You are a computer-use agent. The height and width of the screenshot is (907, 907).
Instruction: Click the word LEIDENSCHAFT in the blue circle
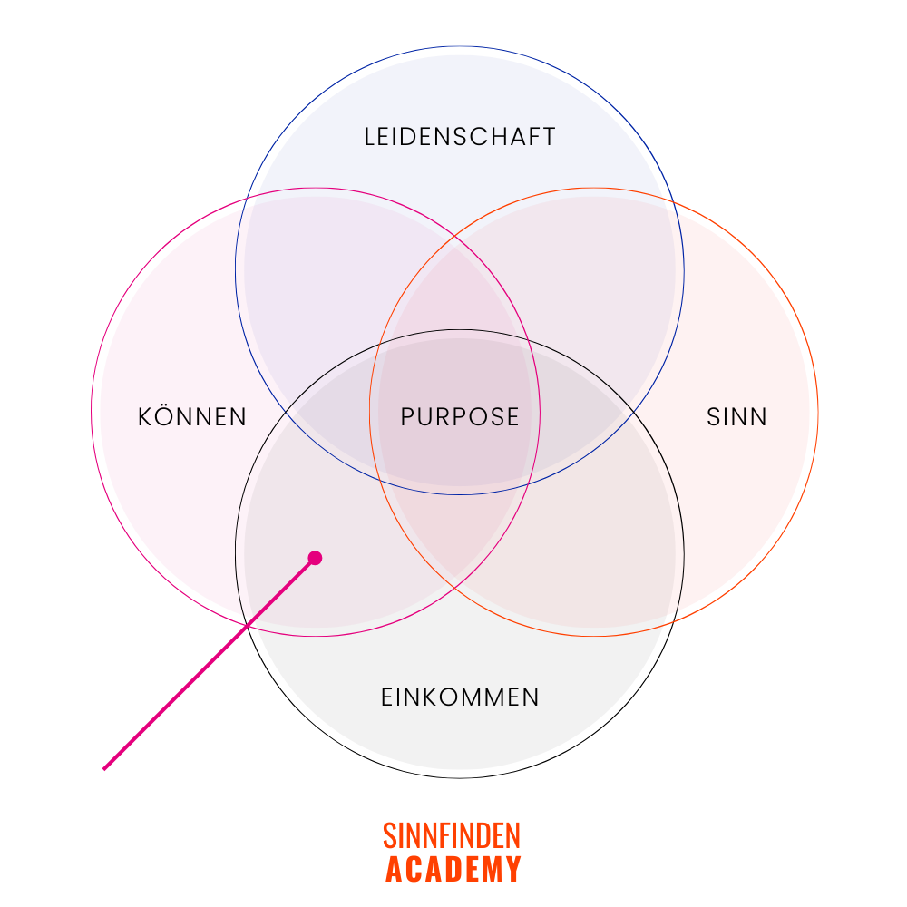pyautogui.click(x=459, y=137)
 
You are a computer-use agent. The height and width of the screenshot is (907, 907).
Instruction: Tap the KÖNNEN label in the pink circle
pyautogui.click(x=192, y=417)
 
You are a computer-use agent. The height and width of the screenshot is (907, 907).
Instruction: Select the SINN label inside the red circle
pyautogui.click(x=736, y=417)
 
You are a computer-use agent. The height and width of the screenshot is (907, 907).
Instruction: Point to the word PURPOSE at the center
pyautogui.click(x=460, y=417)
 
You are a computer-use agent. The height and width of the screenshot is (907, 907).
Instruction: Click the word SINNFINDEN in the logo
pyautogui.click(x=452, y=835)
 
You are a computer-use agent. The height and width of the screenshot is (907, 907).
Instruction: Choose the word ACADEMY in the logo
pyautogui.click(x=453, y=869)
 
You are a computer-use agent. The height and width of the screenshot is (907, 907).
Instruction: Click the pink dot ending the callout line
pyautogui.click(x=315, y=558)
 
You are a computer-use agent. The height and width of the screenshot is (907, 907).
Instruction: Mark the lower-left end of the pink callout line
pyautogui.click(x=104, y=768)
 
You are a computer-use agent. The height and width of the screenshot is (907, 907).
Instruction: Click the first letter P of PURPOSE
pyautogui.click(x=407, y=417)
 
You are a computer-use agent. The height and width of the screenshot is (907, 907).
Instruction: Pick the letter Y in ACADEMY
pyautogui.click(x=513, y=869)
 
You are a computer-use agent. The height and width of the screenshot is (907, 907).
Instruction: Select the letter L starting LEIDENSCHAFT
pyautogui.click(x=370, y=137)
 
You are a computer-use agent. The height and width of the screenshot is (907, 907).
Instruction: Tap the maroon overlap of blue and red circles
pyautogui.click(x=599, y=272)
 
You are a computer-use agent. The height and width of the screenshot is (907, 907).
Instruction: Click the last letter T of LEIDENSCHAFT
pyautogui.click(x=549, y=137)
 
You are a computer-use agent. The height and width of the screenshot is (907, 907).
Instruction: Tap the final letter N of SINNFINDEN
pyautogui.click(x=514, y=835)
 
